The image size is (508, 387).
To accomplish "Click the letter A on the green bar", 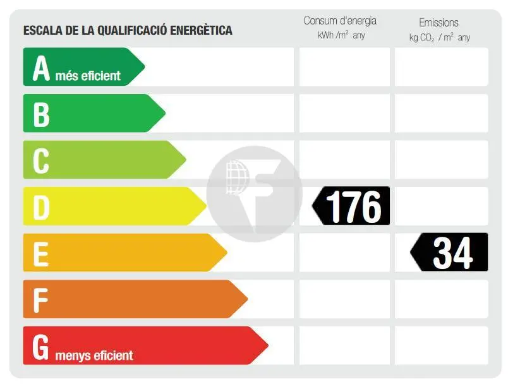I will coord(41,68).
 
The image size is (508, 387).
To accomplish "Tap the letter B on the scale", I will coord(41,114).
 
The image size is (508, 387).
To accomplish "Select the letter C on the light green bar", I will coord(41,160).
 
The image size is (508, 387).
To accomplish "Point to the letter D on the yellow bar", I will coord(41,207).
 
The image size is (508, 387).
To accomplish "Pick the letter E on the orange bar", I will coord(41,254).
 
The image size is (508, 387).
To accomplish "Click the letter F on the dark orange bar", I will coord(41,300).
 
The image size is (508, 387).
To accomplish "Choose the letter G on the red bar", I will coord(41,347).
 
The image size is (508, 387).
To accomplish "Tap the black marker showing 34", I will coord(451,253).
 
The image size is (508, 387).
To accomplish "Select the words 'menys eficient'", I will coord(94,355).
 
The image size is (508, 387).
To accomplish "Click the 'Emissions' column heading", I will coord(438,23).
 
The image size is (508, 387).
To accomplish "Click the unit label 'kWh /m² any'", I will coord(341,36).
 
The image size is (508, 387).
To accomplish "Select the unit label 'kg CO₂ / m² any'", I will coord(439,38).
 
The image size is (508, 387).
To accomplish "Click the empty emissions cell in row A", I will coord(441,67).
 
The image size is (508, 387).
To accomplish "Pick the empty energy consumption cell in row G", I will coord(344,346).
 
